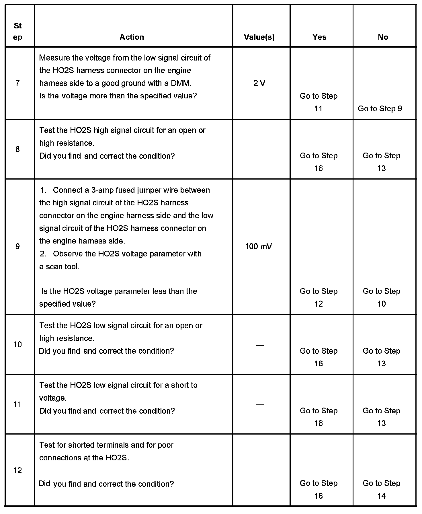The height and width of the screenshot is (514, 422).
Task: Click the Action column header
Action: [x=132, y=37]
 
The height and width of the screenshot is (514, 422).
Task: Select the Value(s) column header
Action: [x=259, y=37]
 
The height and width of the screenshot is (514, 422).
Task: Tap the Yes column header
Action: [x=319, y=37]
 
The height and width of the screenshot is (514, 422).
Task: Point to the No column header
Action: [x=383, y=37]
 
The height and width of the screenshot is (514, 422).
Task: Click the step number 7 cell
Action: [x=17, y=83]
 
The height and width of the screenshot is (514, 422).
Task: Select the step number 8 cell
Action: [x=17, y=149]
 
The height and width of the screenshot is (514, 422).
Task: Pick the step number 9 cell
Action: [x=17, y=246]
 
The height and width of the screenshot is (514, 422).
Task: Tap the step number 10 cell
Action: [x=17, y=344]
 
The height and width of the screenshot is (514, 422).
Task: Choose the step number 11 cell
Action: [x=17, y=404]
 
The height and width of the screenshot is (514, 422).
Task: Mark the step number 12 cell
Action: [x=17, y=470]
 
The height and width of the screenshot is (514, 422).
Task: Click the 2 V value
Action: [x=259, y=83]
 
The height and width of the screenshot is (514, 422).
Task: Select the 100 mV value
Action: [x=259, y=246]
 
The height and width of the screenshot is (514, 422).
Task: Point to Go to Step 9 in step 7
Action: [x=380, y=109]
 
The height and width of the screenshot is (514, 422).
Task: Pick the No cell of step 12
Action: [x=381, y=489]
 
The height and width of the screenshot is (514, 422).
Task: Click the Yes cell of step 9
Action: [x=319, y=297]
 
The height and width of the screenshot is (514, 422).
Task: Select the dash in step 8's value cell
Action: [x=260, y=149]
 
